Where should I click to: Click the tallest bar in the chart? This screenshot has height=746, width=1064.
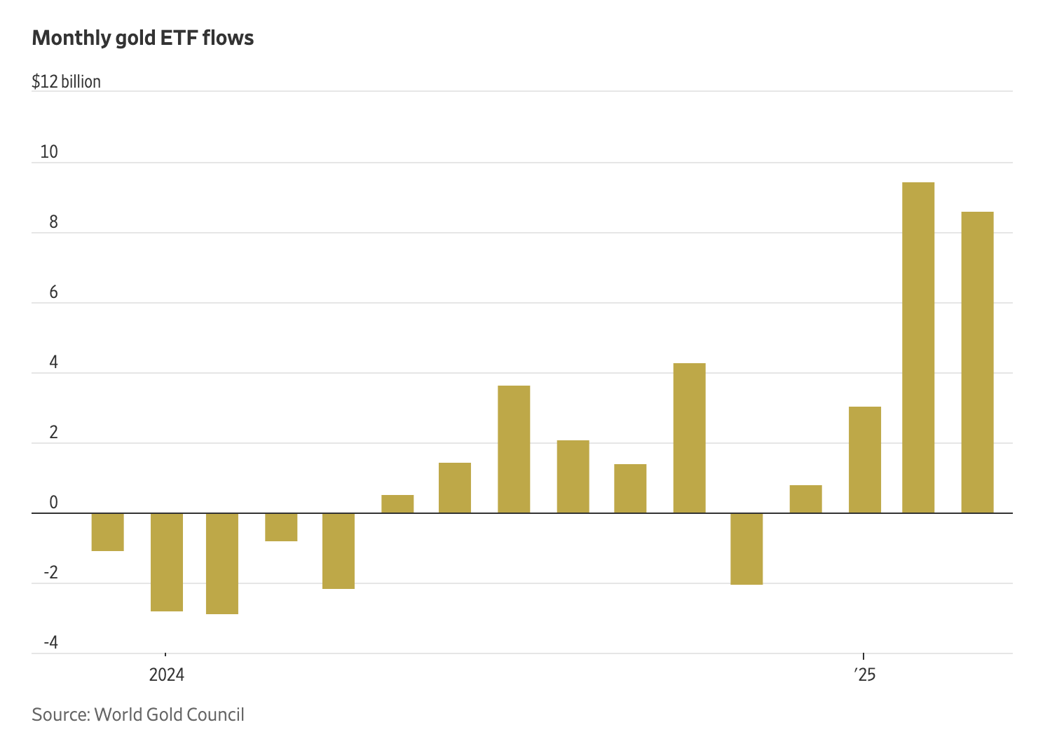(918, 348)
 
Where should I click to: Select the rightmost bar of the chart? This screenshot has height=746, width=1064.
(976, 362)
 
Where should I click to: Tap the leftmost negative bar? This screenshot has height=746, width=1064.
(108, 532)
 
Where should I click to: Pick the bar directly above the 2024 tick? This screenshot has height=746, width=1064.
(167, 562)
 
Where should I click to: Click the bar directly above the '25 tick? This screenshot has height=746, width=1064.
(864, 460)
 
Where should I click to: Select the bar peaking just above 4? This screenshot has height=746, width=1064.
(689, 438)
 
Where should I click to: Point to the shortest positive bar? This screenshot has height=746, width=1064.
(397, 504)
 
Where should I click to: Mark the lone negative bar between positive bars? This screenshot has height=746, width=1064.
(746, 549)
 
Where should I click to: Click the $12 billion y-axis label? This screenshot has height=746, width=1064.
(66, 81)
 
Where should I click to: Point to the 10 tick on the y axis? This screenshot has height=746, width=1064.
(49, 151)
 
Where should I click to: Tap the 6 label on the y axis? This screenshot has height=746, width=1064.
(53, 292)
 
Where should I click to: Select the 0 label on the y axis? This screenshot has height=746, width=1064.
(53, 503)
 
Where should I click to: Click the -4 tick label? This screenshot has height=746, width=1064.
(50, 643)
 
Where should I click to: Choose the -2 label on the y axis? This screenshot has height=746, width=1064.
(50, 573)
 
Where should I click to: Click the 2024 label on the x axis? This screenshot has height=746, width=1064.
(167, 674)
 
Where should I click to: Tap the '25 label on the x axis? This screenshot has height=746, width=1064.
(865, 674)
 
